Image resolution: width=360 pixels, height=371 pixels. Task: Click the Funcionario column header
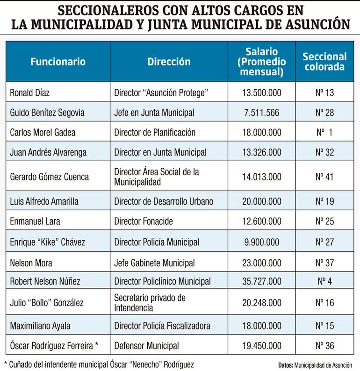[x=58, y=61]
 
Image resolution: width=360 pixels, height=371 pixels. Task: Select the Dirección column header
[x=169, y=61]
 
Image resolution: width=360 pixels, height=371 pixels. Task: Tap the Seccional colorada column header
[x=324, y=62]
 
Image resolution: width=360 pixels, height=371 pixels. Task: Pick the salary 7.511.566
[x=261, y=112]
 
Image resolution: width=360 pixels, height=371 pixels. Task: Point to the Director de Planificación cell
[x=155, y=132]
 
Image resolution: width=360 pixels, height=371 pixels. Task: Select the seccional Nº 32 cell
[x=324, y=152]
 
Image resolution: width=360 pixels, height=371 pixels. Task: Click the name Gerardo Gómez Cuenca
[x=50, y=177]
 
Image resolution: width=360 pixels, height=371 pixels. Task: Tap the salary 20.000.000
[x=261, y=201]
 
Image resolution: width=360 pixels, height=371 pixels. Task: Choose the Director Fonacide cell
[x=143, y=221]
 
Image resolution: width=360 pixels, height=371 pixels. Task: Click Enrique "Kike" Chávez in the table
[x=48, y=242]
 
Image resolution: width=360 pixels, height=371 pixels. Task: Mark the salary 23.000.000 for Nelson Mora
[x=261, y=262]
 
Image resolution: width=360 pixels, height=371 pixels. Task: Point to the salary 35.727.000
[x=261, y=281]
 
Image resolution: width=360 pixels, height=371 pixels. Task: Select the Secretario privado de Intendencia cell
[x=150, y=302]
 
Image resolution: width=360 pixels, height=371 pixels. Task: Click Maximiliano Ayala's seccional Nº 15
[x=324, y=325]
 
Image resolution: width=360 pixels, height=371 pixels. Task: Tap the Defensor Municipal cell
[x=147, y=346]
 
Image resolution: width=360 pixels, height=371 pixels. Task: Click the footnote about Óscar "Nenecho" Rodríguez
[x=99, y=364]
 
